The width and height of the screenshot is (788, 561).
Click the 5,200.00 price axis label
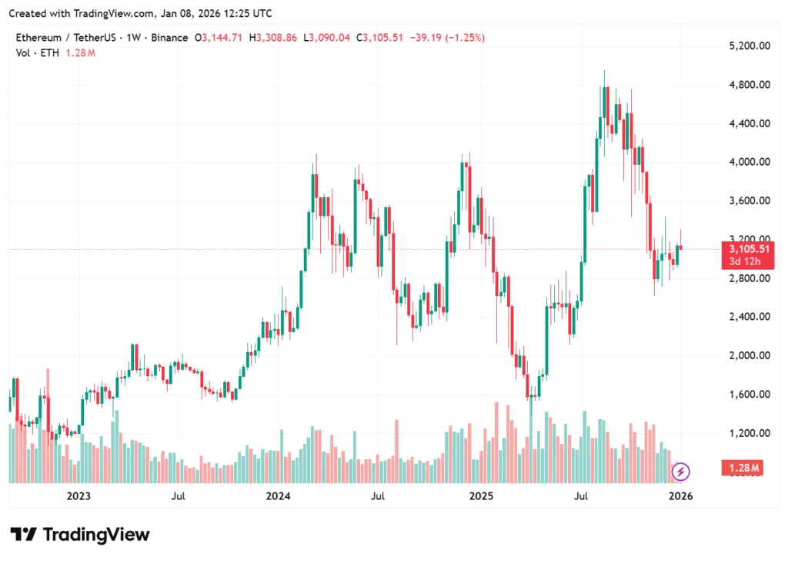click(749, 46)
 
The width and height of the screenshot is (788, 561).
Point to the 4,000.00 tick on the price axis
click(749, 162)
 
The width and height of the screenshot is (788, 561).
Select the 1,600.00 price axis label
click(749, 394)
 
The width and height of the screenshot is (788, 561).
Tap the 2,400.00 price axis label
click(749, 317)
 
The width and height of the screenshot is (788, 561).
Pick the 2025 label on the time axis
click(481, 496)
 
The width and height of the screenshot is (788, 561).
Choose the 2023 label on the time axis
click(78, 496)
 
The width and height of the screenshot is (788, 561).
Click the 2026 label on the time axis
click(681, 496)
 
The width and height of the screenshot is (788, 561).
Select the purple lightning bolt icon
click(681, 471)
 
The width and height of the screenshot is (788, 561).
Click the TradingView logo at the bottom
click(80, 535)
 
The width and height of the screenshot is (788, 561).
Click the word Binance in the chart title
click(169, 38)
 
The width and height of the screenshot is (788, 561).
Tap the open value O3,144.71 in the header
click(221, 38)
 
